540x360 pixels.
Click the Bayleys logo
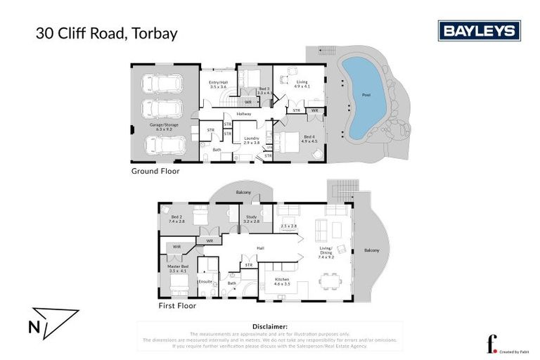pyautogui.click(x=479, y=31)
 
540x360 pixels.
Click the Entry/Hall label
pyautogui.click(x=218, y=84)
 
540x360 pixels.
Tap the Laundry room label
pyautogui.click(x=251, y=140)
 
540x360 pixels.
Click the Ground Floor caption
pyautogui.click(x=155, y=171)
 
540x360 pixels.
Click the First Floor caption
pyautogui.click(x=178, y=306)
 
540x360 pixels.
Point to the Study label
pyautogui.click(x=251, y=218)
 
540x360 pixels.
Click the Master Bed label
pyautogui.click(x=179, y=268)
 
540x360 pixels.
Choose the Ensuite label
pyautogui.click(x=205, y=282)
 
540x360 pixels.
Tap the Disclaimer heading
pyautogui.click(x=269, y=327)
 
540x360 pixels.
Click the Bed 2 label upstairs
pyautogui.click(x=176, y=218)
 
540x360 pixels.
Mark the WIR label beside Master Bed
pyautogui.click(x=176, y=247)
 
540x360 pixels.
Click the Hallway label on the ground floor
pyautogui.click(x=244, y=113)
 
